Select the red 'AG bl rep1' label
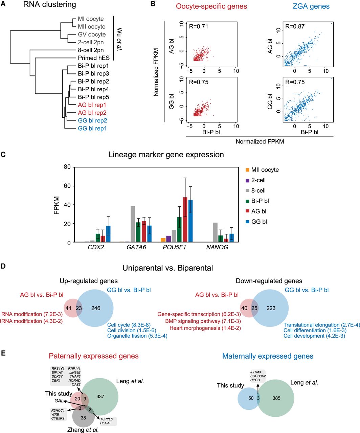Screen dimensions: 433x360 click(x=92, y=105)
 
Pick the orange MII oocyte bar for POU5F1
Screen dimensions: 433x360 click(x=163, y=240)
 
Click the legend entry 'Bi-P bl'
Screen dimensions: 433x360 click(x=260, y=201)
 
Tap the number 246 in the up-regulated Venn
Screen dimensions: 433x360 click(x=96, y=308)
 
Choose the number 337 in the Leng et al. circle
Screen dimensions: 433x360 click(x=100, y=396)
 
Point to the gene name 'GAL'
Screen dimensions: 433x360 click(x=59, y=401)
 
